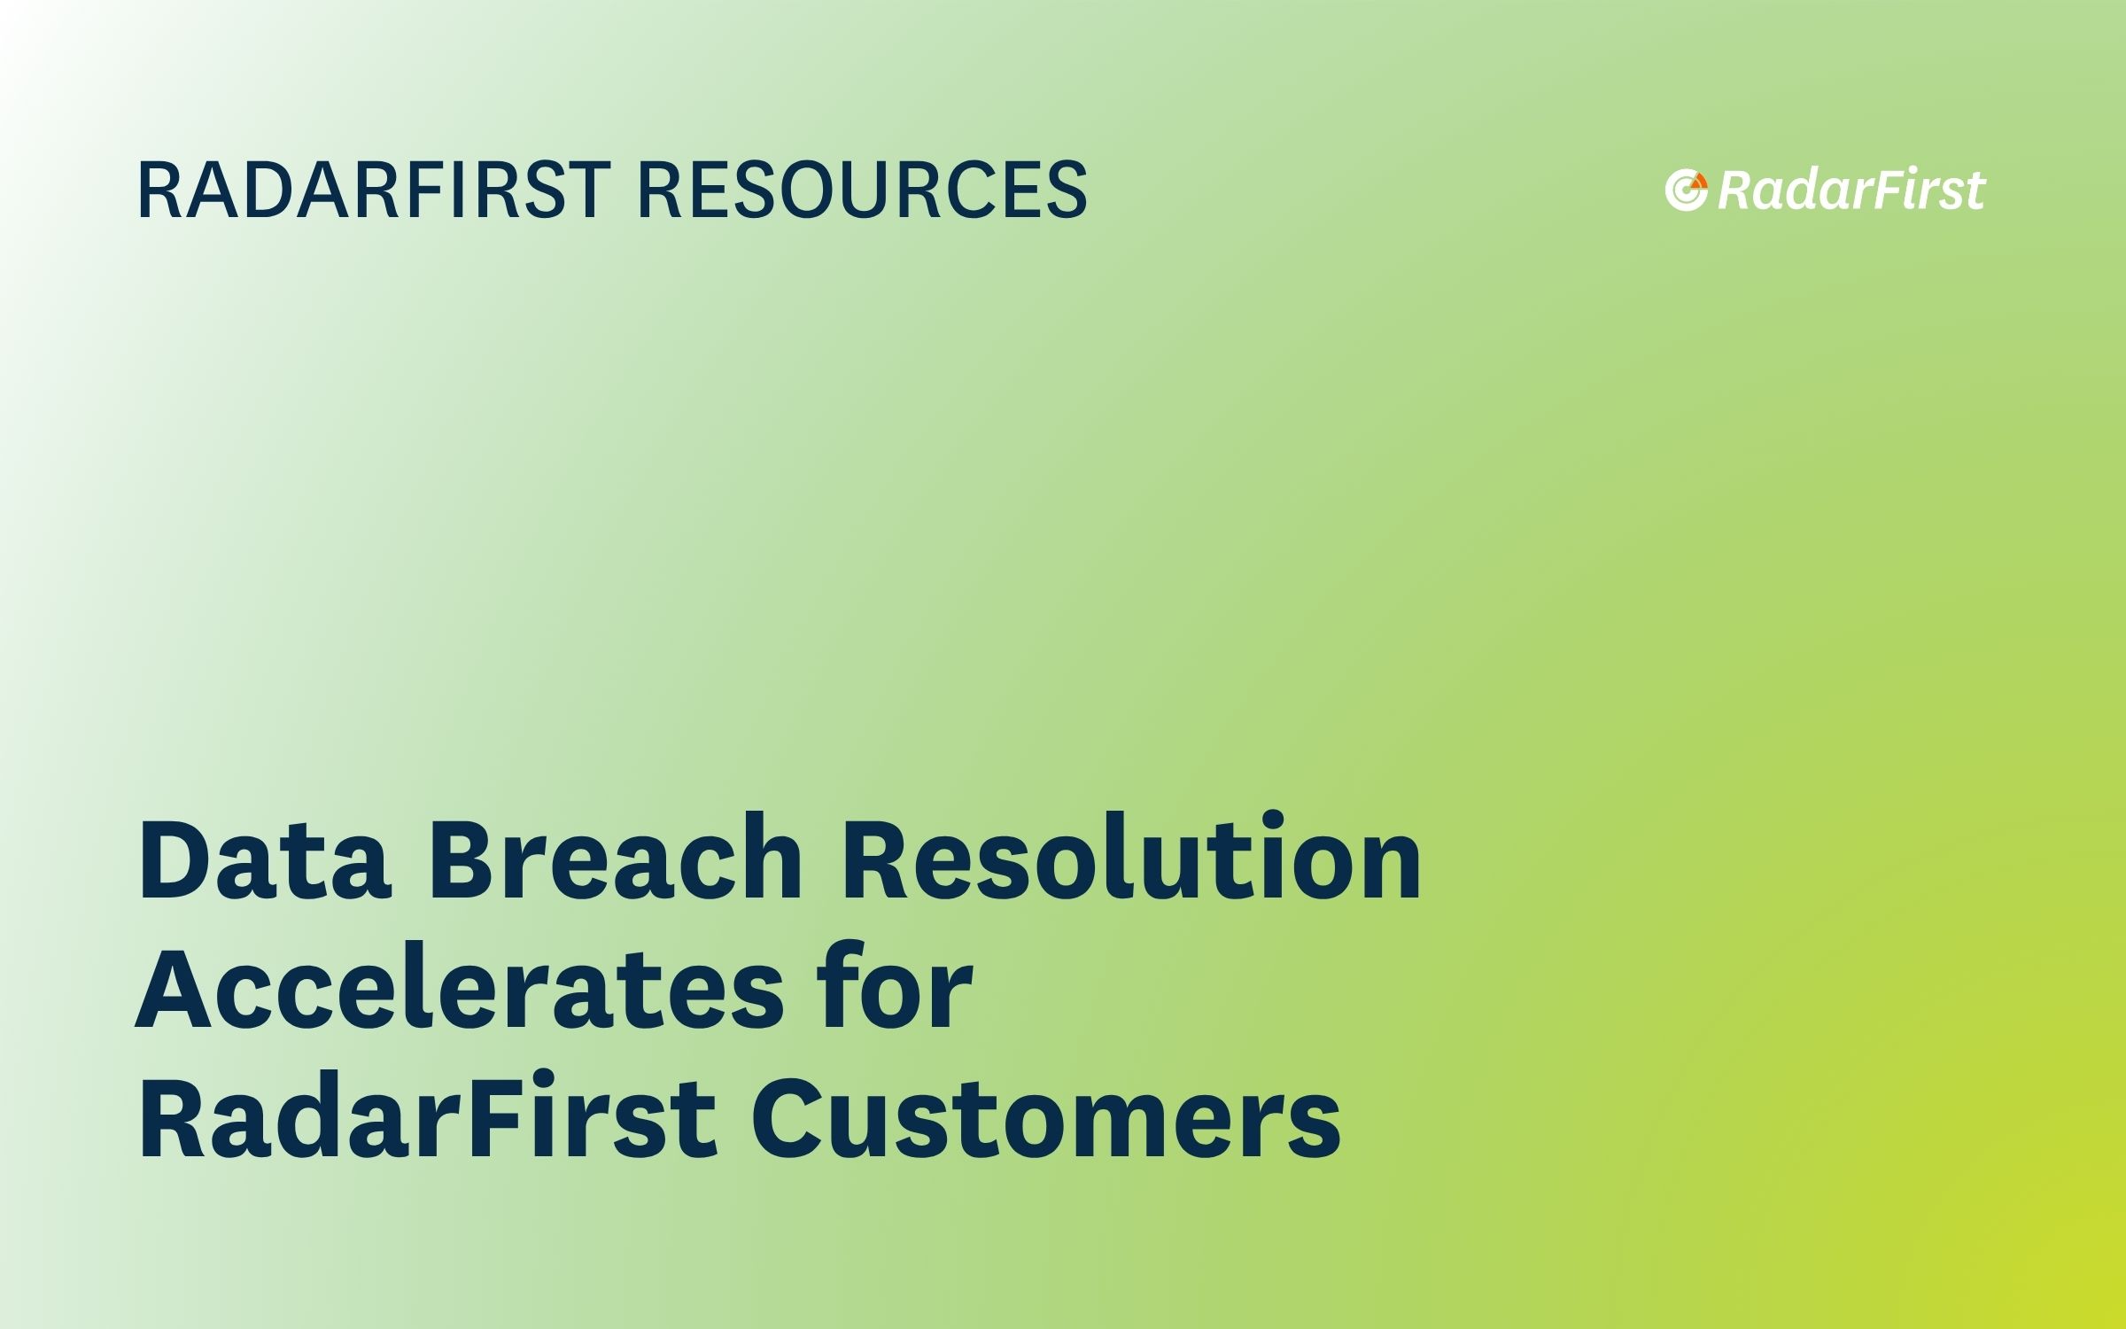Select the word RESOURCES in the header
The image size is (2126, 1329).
862,190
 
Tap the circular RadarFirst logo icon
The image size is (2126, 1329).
1686,190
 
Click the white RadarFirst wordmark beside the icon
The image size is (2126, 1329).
1851,190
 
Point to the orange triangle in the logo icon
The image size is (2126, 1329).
1698,183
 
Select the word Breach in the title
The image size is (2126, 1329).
615,858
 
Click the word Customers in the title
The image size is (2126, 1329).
1046,1116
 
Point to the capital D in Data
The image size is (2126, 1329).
180,859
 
